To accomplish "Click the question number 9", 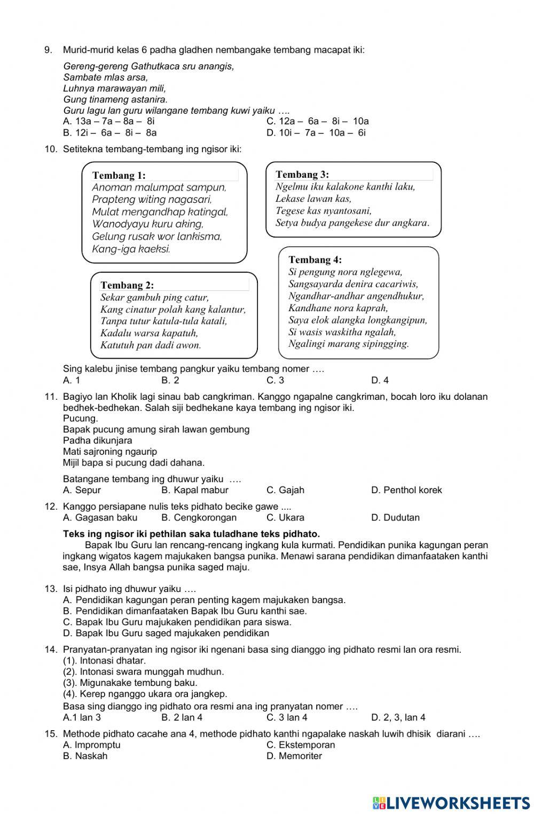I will pos(48,50).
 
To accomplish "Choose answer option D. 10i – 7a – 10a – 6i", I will pos(316,133).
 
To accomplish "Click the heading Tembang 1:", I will pos(119,175).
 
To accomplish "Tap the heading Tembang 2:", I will pos(127,285).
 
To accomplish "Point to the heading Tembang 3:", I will pos(302,175).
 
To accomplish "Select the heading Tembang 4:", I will pos(315,260).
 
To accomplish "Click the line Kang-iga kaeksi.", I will pos(131,249).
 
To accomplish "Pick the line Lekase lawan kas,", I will pos(313,199).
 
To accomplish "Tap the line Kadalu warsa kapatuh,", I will pos(149,333).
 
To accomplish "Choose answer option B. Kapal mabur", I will pos(194,490).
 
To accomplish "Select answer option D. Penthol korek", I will pos(406,490).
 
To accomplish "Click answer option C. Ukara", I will pos(285,518).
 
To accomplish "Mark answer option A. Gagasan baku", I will pos(100,518).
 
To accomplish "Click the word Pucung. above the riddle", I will pos(80,418).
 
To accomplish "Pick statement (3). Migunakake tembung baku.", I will pos(130,683).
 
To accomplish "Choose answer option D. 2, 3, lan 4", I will pos(398,717).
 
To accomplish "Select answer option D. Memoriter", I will pos(294,756).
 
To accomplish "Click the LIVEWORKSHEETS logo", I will pos(451,803).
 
